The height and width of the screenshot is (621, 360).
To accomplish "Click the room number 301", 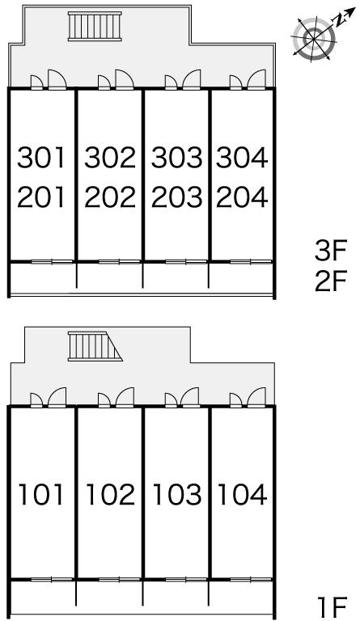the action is (40, 157).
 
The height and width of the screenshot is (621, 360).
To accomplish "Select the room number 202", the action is (110, 197).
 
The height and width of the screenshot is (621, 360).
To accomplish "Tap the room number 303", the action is (176, 157).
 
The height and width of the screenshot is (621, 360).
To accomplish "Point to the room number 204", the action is (242, 197).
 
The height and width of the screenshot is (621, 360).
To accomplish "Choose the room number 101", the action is (41, 495).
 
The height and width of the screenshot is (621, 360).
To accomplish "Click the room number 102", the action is (110, 495).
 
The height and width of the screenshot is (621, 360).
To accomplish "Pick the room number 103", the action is (177, 495).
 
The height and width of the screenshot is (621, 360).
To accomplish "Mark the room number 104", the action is (242, 495).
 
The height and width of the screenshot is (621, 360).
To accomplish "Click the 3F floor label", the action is (331, 251).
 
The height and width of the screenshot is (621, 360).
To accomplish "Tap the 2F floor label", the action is (331, 281).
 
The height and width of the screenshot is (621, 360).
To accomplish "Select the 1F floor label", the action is (333, 605).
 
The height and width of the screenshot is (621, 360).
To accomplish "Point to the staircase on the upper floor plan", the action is (95, 26).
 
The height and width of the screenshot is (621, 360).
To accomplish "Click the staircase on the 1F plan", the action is (94, 347).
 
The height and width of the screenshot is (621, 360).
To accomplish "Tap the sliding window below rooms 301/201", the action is (53, 261).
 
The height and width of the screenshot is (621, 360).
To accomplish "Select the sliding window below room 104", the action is (251, 580).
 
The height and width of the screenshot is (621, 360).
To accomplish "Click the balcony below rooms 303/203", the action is (176, 278).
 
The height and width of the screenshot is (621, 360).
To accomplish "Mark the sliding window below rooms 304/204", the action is (251, 261).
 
